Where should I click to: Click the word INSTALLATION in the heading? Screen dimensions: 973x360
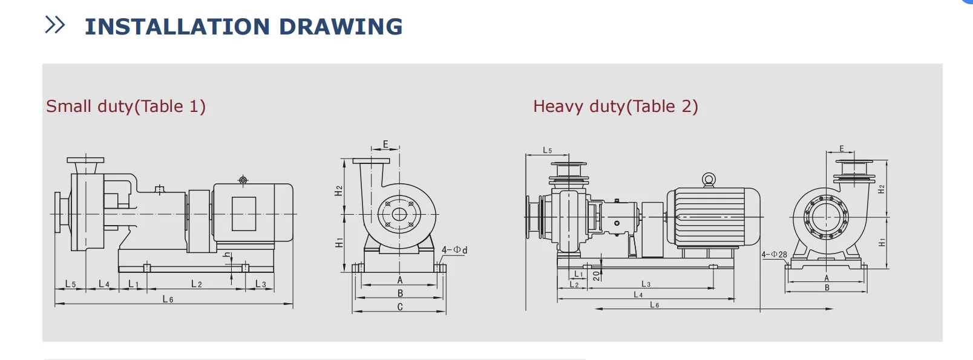coord(177,27)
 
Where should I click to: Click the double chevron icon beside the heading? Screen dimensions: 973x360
coord(55,25)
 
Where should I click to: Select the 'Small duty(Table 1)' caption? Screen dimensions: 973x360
coord(125,106)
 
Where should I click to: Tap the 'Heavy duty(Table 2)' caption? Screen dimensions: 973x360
coord(615,106)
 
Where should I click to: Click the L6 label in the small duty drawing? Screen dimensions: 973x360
coord(168,299)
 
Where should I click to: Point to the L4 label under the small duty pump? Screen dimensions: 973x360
coord(104,284)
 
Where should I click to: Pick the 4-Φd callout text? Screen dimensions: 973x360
coord(454,250)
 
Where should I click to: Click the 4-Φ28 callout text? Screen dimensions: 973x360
coord(774,255)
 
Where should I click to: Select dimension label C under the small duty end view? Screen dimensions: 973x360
coord(400,307)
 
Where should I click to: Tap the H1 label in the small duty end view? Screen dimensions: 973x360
coord(339,243)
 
